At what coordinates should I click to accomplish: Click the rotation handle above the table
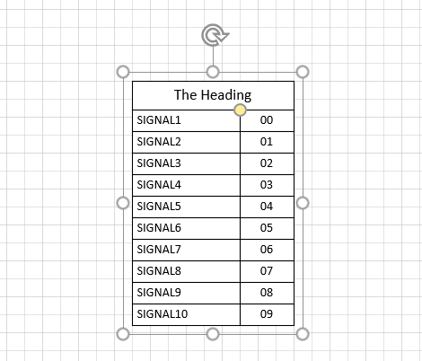coord(215,35)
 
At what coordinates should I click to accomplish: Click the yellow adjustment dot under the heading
coord(240,110)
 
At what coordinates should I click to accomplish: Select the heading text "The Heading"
coord(213,95)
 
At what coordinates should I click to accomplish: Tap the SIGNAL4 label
coord(159,185)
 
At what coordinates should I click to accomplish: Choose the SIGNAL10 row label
coord(163,314)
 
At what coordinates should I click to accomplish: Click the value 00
coord(267,120)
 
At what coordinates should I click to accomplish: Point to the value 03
coord(267,185)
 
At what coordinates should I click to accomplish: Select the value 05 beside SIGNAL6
coord(267,228)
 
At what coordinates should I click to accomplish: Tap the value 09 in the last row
coord(267,314)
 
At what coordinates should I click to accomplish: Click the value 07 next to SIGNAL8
coord(267,271)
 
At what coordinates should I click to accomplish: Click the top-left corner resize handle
coord(123,72)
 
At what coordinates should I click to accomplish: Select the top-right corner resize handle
coord(303,72)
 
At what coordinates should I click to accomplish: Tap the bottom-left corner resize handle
coord(123,334)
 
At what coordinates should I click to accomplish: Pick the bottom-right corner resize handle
coord(303,334)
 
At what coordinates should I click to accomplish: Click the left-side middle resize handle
coord(123,203)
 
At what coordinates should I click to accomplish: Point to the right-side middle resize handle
coord(303,203)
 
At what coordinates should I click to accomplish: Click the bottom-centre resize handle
coord(213,334)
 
